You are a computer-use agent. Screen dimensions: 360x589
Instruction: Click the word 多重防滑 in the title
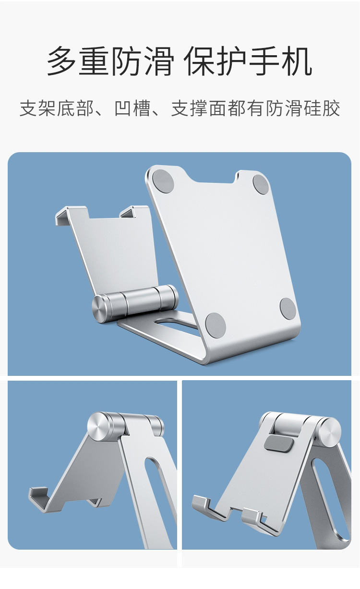(110, 61)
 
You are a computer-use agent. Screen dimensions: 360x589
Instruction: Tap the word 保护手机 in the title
(248, 61)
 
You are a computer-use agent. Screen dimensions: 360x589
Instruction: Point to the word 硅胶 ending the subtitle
(322, 108)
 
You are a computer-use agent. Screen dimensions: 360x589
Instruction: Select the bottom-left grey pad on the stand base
(216, 324)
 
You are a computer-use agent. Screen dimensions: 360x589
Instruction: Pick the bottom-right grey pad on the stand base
(288, 309)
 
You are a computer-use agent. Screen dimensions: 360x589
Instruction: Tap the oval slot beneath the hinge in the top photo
(176, 324)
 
